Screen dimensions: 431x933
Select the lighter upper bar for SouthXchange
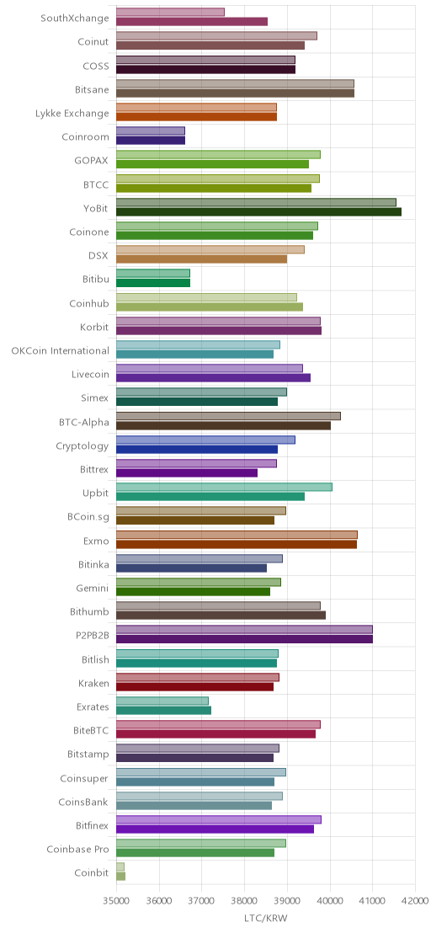coord(170,12)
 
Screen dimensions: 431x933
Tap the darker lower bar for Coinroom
coord(151,141)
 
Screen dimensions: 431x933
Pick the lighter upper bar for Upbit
coord(224,487)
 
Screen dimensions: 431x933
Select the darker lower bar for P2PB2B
coord(244,639)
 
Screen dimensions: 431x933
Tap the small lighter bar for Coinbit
coord(120,866)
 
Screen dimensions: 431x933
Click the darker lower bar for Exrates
coord(163,711)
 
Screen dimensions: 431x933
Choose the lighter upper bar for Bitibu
coord(152,273)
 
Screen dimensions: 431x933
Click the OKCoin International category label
coord(60,350)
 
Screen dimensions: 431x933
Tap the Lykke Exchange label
coord(72,113)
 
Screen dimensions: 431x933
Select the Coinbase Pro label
coord(78,849)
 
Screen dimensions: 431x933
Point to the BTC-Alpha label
coord(84,423)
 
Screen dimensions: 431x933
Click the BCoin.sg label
coord(88,517)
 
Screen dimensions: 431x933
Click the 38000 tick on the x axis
coord(244,903)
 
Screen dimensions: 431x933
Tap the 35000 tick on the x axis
coord(116,903)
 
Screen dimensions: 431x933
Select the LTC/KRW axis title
coord(266,919)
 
